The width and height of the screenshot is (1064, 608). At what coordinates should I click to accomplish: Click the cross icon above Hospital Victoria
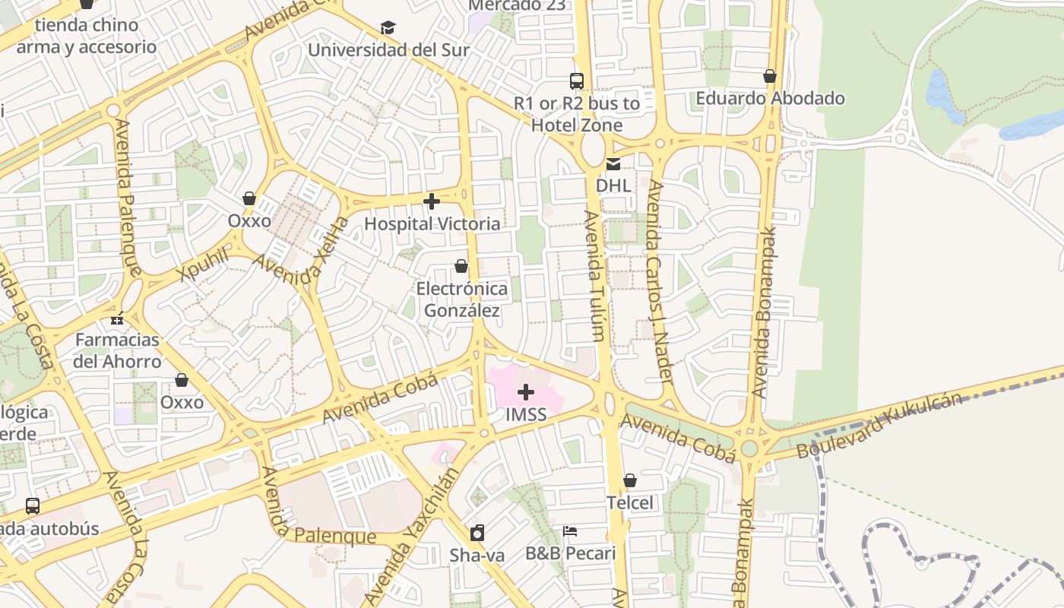(432, 201)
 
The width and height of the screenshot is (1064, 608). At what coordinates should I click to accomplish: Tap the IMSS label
(526, 415)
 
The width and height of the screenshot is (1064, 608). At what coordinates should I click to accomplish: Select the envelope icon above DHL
(613, 163)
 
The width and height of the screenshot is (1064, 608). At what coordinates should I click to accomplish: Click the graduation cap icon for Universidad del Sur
(388, 28)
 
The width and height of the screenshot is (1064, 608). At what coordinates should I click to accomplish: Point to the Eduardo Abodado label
(770, 98)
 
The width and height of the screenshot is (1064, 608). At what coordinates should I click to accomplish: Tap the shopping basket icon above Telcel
(629, 480)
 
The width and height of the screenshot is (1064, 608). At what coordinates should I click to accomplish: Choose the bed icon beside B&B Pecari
(570, 530)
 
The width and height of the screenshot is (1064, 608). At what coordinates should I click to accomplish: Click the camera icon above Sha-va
(477, 532)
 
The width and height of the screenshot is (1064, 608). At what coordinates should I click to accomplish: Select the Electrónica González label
(462, 299)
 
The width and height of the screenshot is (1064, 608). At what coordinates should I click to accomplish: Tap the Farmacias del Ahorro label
(117, 350)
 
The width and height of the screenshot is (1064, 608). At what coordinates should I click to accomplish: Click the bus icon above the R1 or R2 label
(577, 81)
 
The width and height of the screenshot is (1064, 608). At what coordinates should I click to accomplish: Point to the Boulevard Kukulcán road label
(879, 426)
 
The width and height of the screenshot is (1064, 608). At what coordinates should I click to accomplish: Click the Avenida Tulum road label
(595, 275)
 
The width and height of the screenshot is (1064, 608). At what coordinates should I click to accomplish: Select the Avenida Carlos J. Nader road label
(659, 281)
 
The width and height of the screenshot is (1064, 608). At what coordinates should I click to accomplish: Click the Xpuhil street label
(204, 264)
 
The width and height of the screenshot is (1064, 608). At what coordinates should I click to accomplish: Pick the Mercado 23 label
(516, 5)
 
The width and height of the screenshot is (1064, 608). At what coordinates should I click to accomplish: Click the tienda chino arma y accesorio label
(87, 36)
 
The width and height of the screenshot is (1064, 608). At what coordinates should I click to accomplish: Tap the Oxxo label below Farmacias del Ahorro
(182, 402)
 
